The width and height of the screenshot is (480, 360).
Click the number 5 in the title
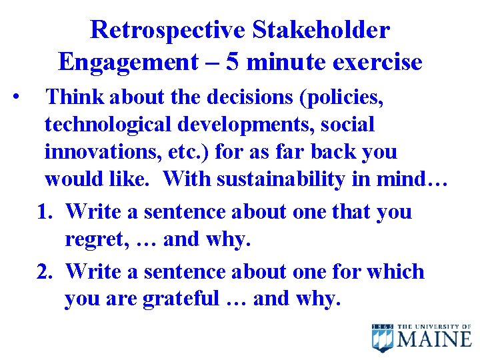(x=233, y=62)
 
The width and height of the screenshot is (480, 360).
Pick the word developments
(x=281, y=125)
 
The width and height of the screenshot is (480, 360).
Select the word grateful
(x=181, y=299)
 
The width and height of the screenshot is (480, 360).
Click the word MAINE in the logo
(x=435, y=339)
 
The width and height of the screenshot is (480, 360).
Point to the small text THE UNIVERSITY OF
(x=435, y=326)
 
